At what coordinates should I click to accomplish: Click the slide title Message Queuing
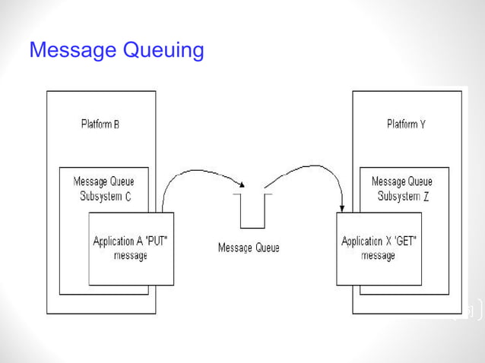(116, 51)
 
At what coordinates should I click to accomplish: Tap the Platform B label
(100, 124)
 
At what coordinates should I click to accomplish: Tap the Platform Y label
(406, 124)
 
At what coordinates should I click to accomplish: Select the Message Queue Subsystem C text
(103, 188)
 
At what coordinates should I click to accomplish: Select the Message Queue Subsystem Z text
(401, 188)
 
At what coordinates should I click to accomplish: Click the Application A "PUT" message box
(131, 248)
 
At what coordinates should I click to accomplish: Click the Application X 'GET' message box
(379, 248)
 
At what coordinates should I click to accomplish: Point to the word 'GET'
(404, 241)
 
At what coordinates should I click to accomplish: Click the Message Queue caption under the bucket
(249, 248)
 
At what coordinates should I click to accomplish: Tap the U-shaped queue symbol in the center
(252, 213)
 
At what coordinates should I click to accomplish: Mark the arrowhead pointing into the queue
(242, 185)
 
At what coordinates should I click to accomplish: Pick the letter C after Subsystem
(129, 196)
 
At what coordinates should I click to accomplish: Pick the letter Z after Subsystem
(426, 196)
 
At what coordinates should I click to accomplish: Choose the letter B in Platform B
(116, 124)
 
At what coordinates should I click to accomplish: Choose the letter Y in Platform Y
(422, 124)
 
